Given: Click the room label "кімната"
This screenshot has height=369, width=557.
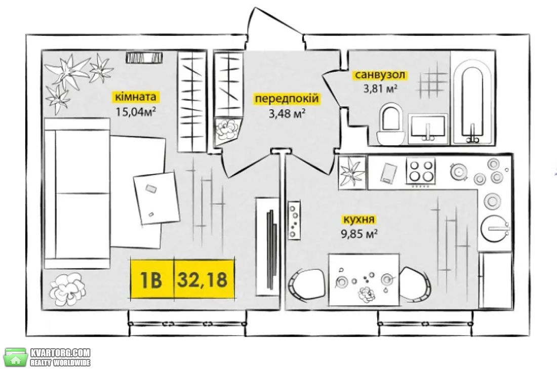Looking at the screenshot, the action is (x=135, y=97).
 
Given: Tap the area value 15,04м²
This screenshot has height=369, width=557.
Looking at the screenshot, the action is (x=136, y=112).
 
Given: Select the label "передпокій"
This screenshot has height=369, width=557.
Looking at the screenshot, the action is (x=287, y=98).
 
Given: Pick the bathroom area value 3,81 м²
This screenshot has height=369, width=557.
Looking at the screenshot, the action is (x=380, y=89).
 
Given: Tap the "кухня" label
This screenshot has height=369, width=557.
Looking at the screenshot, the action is (x=358, y=219).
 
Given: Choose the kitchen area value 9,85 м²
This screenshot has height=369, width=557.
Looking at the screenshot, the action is (x=359, y=234).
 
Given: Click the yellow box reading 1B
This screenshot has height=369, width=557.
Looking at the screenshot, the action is (x=152, y=278).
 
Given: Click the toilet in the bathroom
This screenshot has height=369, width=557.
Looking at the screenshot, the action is (x=390, y=124).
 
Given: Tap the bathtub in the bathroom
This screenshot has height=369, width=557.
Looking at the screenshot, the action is (x=472, y=103).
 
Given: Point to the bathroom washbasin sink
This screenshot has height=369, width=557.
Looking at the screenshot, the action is (x=428, y=129).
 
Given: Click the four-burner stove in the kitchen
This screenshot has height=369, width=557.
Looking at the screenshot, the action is (x=421, y=172).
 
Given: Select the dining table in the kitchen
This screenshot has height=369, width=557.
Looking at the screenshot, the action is (x=364, y=279).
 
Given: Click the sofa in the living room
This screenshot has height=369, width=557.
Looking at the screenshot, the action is (x=77, y=193).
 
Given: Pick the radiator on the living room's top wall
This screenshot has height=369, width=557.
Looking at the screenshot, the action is (x=144, y=57).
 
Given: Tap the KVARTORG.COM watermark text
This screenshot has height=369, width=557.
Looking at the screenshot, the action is (x=60, y=353).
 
